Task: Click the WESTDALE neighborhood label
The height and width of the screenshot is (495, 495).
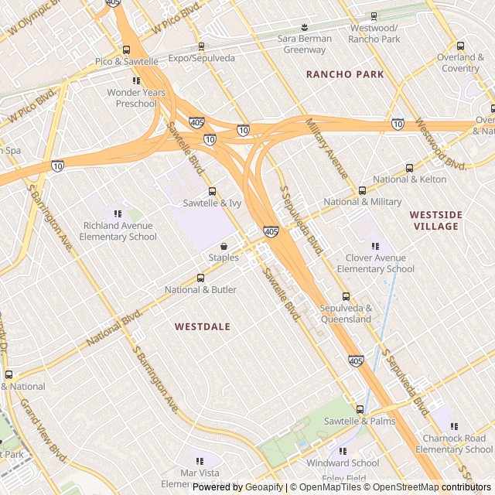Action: point(202,327)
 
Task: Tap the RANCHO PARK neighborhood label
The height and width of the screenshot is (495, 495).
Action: point(344,74)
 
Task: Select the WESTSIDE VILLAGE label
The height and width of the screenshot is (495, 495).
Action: point(434,220)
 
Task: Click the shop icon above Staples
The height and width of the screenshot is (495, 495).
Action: point(224,246)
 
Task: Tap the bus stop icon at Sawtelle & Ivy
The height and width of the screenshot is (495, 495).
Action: point(212,191)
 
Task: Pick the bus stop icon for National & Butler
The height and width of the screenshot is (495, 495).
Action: point(200,278)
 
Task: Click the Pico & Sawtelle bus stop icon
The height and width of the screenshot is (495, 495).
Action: point(126,49)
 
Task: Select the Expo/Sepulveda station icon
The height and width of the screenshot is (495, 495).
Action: point(201,46)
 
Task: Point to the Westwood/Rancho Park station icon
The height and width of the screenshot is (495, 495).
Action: point(374,16)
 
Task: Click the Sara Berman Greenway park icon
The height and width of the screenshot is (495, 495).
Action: point(304,27)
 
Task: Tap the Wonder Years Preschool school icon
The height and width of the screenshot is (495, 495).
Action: point(136,80)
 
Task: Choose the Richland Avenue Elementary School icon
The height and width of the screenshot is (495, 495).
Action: point(118,213)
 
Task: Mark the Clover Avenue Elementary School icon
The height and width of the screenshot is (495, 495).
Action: point(375,246)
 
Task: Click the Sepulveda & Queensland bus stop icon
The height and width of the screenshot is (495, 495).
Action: point(346,296)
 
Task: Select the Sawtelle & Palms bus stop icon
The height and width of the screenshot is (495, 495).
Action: point(360,409)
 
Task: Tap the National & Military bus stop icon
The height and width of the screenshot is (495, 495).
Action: point(362,190)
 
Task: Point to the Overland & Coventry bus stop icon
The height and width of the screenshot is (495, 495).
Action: point(461,46)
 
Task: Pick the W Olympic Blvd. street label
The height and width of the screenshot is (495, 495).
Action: point(33,18)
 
